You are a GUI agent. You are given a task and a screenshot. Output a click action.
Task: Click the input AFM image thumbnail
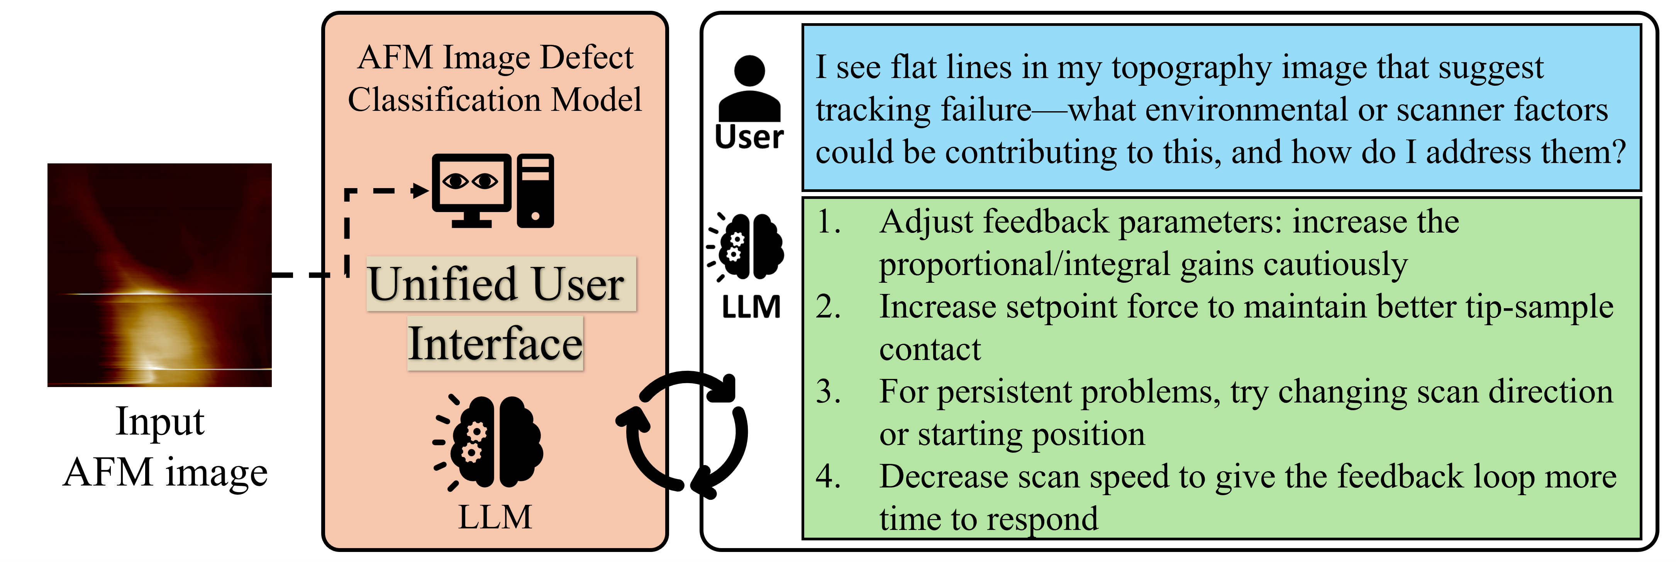coord(159,275)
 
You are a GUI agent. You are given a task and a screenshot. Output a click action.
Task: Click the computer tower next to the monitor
coord(536,191)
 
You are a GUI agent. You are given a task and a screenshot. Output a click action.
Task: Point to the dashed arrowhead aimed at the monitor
coord(420,191)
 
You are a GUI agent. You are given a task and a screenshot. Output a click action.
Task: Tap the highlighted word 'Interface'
coord(495,344)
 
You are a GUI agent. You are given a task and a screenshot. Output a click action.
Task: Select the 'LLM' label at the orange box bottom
coord(495,518)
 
